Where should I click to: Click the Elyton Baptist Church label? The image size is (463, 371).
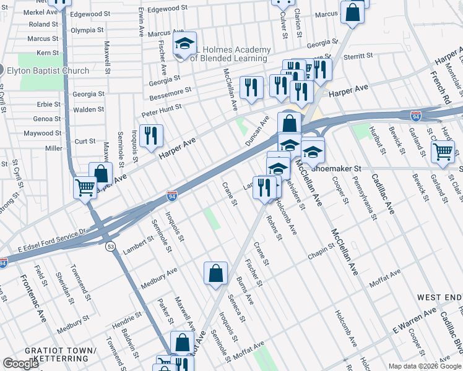click(x=48, y=70)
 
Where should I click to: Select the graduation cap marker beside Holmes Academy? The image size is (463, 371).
click(x=184, y=44)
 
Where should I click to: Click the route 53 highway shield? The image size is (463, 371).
click(x=110, y=229)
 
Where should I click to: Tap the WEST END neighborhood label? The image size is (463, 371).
click(x=439, y=297)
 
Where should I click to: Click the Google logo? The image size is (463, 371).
click(x=20, y=364)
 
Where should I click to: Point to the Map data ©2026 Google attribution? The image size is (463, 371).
click(x=425, y=365)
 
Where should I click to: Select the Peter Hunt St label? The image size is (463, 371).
click(x=162, y=109)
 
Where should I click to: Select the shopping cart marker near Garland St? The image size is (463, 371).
click(x=443, y=151)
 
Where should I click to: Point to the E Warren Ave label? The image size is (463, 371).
click(x=414, y=322)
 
